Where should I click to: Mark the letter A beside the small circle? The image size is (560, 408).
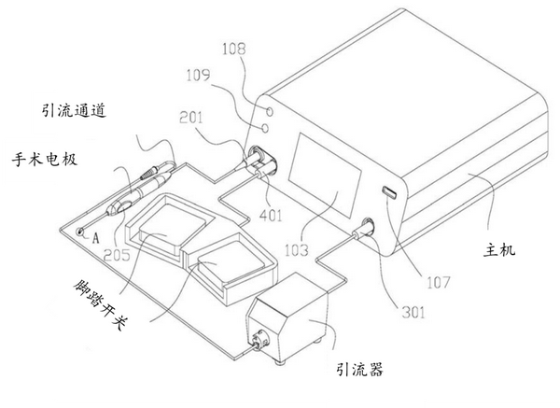coord(97,236)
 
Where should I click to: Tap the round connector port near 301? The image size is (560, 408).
coord(365,226)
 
